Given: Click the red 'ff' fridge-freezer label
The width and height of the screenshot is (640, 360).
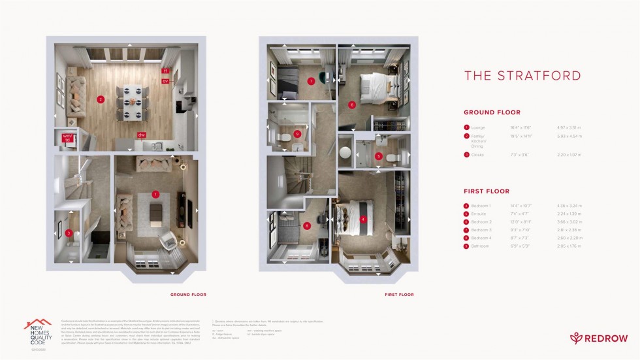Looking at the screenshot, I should (165, 71).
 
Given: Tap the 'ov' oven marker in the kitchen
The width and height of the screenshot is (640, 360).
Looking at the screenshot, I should (165, 81).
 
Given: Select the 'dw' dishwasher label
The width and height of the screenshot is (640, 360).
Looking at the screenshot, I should (141, 135).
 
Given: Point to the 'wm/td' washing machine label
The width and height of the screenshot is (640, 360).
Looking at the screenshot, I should (67, 137).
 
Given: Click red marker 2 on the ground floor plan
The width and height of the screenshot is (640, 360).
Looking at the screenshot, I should (101, 100).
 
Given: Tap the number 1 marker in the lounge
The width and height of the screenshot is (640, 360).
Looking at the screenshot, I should (155, 194).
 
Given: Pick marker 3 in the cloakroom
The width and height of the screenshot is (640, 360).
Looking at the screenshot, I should (69, 233).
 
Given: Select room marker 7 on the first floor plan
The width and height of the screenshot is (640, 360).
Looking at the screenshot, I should (312, 81).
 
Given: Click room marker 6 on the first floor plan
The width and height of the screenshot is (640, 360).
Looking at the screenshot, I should (351, 105).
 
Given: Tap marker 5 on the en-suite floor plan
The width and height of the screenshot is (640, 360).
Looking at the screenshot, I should (379, 156).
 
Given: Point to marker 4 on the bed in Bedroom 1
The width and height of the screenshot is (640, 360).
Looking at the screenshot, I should (363, 220).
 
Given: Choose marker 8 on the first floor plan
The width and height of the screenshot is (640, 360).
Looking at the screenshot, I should (307, 226).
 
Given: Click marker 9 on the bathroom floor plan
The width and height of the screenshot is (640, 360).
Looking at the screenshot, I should (298, 134).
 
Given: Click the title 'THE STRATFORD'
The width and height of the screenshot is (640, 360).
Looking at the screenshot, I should (522, 76).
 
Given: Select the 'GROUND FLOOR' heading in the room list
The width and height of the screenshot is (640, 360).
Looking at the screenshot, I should (492, 112).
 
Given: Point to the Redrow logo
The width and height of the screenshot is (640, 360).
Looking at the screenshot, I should (599, 338).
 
